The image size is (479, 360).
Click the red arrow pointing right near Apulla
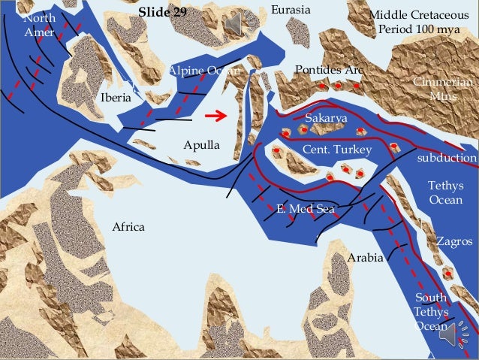(216, 116)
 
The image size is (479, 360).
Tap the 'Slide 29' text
(163, 13)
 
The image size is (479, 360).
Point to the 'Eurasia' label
(290, 10)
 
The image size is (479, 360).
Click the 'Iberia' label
(116, 98)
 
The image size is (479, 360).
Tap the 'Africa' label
(128, 227)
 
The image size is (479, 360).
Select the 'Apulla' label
(201, 144)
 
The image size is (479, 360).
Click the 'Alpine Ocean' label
(204, 71)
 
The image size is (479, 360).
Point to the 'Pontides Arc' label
(329, 70)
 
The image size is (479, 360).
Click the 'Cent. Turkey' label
(336, 151)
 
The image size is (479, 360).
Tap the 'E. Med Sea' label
(305, 209)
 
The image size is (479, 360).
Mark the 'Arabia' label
(366, 258)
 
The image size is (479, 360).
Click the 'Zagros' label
(454, 242)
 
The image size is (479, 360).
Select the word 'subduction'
(447, 159)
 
